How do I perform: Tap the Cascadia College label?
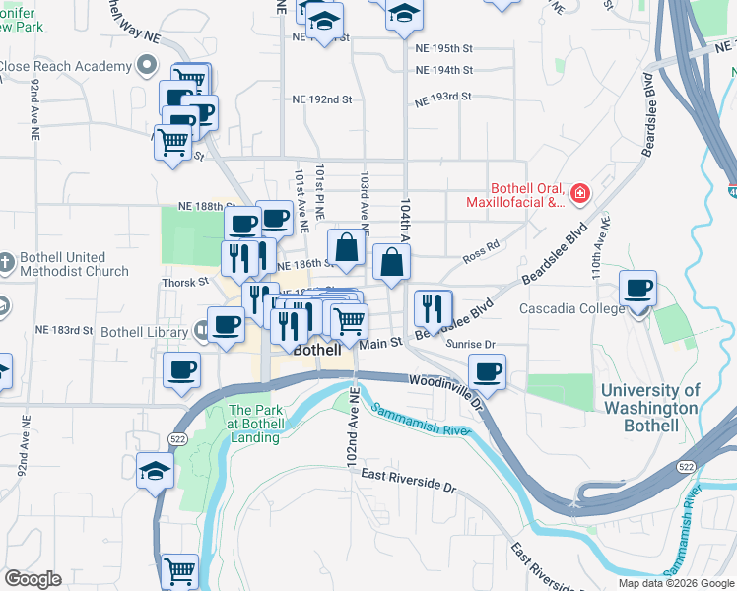pos(571,308)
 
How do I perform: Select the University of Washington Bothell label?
pos(650,409)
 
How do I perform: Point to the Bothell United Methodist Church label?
pos(74,264)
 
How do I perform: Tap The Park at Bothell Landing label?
pos(255,424)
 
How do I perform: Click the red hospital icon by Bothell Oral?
pos(580,191)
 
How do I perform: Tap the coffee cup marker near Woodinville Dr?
pos(487,372)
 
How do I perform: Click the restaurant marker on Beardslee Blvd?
pos(433,308)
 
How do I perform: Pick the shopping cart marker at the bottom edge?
pos(179,570)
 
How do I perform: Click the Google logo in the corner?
pos(33,579)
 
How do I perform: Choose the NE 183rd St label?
pos(63,330)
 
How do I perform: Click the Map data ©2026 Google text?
pos(675,583)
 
